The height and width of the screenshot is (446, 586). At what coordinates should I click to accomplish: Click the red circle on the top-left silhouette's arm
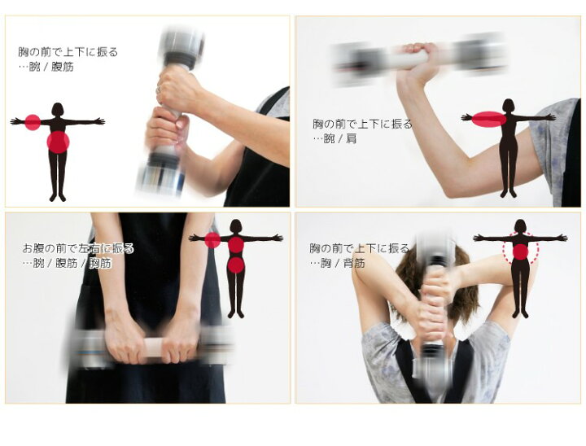[x=33, y=122]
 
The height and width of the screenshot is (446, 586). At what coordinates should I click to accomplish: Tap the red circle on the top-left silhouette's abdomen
[x=58, y=142]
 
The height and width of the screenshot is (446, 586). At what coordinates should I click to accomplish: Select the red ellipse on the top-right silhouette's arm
[x=489, y=120]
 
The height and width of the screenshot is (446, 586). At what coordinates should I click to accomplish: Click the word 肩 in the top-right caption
[x=352, y=138]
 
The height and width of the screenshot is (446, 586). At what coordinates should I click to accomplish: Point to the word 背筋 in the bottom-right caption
[x=353, y=263]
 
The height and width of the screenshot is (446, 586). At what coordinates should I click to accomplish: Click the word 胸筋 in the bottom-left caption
[x=101, y=263]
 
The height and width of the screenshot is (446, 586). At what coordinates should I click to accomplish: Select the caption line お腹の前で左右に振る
[x=78, y=248]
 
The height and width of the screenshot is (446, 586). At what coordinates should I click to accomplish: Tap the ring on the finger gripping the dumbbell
[x=160, y=89]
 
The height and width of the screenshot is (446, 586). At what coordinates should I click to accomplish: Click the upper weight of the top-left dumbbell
[x=181, y=48]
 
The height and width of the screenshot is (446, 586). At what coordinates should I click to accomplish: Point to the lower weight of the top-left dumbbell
[x=161, y=172]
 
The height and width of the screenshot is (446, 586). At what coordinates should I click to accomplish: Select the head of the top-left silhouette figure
[x=57, y=109]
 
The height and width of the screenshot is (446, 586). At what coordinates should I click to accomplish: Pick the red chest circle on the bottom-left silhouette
[x=236, y=245]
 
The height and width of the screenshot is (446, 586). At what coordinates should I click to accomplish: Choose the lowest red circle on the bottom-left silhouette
[x=236, y=265]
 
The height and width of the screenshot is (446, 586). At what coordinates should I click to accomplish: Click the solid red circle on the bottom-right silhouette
[x=520, y=251]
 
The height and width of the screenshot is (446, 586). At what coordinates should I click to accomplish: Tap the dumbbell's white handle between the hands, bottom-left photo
[x=153, y=348]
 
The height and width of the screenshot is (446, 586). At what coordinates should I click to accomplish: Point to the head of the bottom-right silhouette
[x=521, y=226]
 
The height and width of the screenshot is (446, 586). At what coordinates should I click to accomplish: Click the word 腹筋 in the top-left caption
[x=63, y=67]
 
